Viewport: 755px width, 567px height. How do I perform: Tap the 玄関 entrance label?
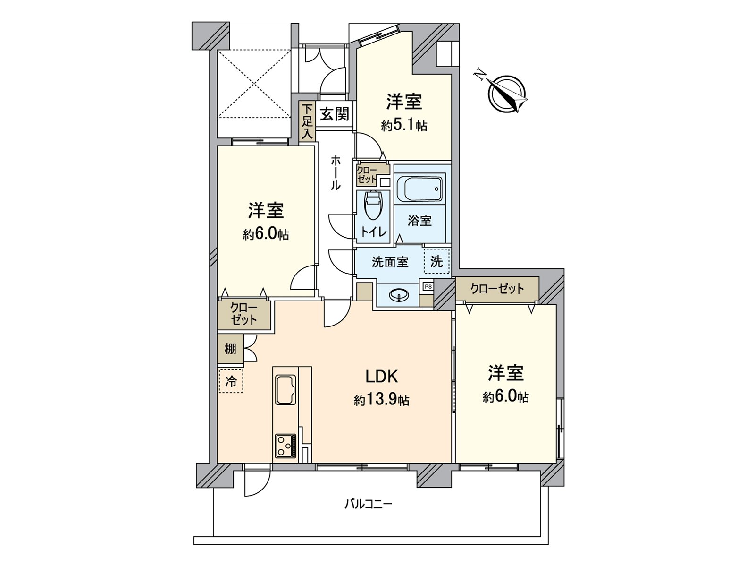click(335, 114)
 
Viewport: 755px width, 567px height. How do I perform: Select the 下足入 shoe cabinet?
click(307, 122)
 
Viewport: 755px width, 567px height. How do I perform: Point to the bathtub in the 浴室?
click(419, 189)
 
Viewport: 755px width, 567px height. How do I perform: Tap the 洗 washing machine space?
click(437, 261)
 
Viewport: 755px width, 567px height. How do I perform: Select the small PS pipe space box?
click(428, 286)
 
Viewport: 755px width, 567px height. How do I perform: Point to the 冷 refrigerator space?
click(231, 381)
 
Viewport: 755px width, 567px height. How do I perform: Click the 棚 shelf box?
click(230, 349)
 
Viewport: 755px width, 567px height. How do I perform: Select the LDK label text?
click(382, 377)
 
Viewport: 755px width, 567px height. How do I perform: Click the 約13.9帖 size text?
click(381, 401)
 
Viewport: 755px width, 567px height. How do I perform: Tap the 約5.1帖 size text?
click(404, 126)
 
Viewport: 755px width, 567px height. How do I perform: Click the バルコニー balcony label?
click(368, 504)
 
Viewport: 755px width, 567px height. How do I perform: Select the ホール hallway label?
click(335, 172)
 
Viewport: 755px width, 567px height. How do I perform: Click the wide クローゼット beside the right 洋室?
click(497, 289)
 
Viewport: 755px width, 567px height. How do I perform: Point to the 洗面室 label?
click(390, 262)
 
